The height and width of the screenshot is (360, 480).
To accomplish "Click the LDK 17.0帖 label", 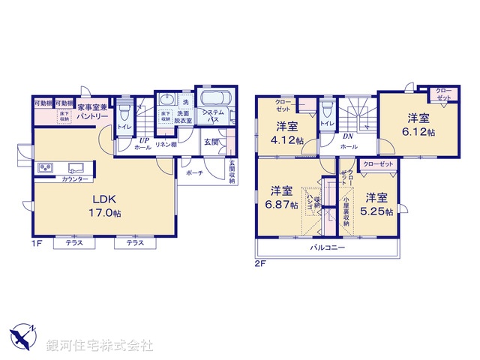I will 104,205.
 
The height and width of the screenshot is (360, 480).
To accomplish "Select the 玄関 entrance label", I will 211,142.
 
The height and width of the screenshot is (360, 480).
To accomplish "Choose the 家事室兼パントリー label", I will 92,112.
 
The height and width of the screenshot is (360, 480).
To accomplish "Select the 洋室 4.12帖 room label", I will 287,133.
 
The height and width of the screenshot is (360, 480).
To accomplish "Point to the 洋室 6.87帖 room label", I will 284,196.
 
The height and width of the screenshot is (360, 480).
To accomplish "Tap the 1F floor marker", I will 37,244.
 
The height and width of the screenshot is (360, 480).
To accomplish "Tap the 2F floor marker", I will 260,263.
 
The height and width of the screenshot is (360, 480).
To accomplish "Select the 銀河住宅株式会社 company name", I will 99,346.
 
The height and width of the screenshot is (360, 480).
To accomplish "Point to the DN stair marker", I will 348,136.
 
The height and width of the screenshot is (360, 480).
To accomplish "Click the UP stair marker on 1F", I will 141,139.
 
